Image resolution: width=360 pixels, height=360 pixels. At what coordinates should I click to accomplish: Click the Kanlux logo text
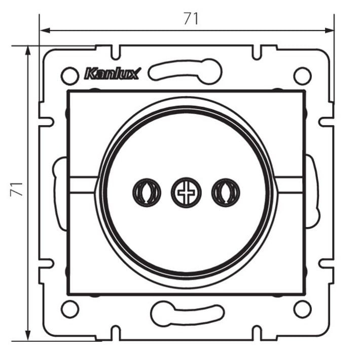pyautogui.click(x=112, y=74)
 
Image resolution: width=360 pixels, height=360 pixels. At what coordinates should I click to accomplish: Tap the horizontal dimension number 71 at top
pyautogui.click(x=191, y=19)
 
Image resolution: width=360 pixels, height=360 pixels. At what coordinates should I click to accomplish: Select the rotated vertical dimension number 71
pyautogui.click(x=17, y=189)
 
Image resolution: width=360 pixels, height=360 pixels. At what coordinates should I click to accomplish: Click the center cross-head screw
pyautogui.click(x=186, y=192)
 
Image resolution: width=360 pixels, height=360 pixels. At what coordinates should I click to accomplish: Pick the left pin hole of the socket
pyautogui.click(x=147, y=192)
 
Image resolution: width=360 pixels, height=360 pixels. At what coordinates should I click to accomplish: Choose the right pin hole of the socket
pyautogui.click(x=226, y=192)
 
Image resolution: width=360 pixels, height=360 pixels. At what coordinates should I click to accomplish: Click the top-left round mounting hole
pyautogui.click(x=70, y=76)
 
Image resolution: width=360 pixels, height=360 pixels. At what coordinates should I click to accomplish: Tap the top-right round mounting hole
pyautogui.click(x=303, y=76)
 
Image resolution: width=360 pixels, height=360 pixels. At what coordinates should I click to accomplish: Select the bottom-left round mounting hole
pyautogui.click(x=70, y=309)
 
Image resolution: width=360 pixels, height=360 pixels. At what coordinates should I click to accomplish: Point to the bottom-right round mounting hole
pyautogui.click(x=303, y=309)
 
